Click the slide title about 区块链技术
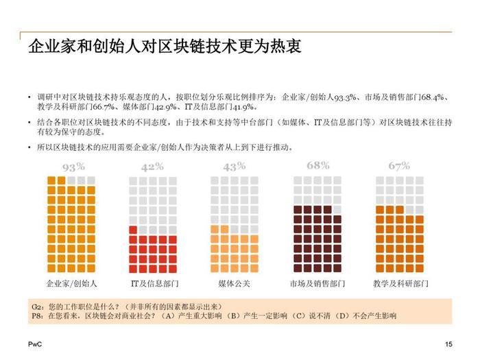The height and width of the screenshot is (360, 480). pyautogui.click(x=165, y=47)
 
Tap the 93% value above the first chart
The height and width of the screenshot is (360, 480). pyautogui.click(x=73, y=167)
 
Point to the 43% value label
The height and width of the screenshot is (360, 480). pyautogui.click(x=234, y=167)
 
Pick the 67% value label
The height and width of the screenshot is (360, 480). pyautogui.click(x=398, y=166)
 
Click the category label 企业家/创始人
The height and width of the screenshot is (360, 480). pyautogui.click(x=72, y=283)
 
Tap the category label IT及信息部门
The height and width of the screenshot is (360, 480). pyautogui.click(x=154, y=283)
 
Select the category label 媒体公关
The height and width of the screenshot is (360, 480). pyautogui.click(x=235, y=283)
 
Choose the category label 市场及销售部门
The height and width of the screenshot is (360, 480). pyautogui.click(x=317, y=283)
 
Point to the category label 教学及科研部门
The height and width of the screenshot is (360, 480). pyautogui.click(x=400, y=283)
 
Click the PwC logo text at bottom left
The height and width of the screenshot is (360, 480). pyautogui.click(x=34, y=344)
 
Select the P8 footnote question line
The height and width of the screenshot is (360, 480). pyautogui.click(x=213, y=315)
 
